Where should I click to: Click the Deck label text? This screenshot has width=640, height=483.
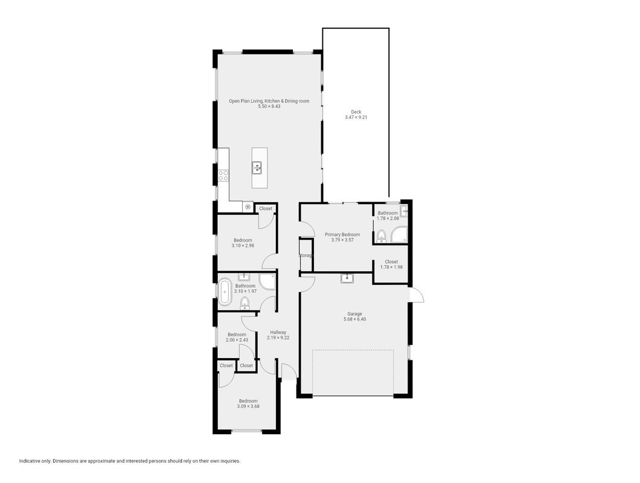356,112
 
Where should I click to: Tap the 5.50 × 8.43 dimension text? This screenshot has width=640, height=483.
269,107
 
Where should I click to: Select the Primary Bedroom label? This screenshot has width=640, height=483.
342,235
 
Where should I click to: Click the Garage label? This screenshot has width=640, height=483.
354,314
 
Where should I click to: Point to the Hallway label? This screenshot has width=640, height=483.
278,332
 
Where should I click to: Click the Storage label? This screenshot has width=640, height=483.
306,255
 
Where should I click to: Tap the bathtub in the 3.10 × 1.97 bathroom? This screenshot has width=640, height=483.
225,292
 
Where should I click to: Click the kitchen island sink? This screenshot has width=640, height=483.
257,167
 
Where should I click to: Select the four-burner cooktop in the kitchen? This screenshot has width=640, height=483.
223,176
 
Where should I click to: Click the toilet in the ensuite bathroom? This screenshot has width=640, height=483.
381,236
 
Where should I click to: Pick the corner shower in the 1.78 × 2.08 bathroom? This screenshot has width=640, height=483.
399,234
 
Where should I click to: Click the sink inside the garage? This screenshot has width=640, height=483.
347,278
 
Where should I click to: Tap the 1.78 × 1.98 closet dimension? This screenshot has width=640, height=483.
391,267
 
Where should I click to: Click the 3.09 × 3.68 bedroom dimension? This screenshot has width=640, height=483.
248,406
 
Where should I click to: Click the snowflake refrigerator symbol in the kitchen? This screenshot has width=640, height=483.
248,207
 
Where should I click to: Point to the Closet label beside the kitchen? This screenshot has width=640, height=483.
266,209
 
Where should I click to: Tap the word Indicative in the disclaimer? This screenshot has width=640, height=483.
30,461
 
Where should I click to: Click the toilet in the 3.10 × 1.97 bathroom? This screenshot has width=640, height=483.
245,302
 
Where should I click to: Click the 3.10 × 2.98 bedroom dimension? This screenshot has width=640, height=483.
243,246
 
